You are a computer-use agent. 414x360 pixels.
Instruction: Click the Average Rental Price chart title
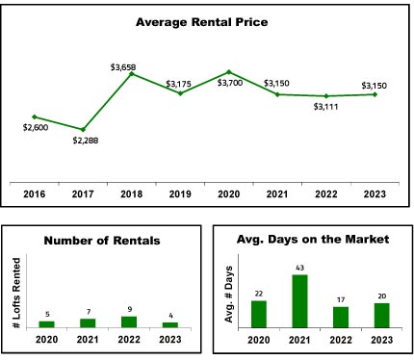coord(201,22)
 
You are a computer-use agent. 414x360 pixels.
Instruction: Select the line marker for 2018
coord(132,74)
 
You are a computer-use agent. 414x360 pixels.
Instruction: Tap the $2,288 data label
coord(86,141)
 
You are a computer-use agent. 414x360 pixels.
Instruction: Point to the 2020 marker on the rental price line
coord(229,72)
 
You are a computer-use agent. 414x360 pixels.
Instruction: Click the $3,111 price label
coord(325,107)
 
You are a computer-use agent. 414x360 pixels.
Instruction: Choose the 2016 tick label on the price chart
coord(35,194)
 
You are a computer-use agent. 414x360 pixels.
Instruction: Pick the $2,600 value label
coord(36,127)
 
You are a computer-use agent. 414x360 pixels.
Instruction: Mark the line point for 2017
coord(83,130)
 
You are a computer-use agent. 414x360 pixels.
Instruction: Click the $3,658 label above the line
coord(123,67)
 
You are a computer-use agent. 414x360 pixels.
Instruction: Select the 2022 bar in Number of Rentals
coord(129,322)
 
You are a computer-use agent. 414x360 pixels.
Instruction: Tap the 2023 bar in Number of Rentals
coord(170,325)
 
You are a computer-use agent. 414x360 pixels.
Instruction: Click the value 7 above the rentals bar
coord(89,312)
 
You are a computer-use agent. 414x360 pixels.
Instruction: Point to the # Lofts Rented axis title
coord(16,293)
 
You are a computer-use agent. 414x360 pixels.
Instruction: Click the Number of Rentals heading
coord(102,241)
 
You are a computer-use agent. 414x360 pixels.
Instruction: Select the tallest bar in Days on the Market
coord(299,301)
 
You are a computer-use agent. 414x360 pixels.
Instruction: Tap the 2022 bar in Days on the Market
coord(341,318)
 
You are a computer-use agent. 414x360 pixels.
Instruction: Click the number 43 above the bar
coord(299,268)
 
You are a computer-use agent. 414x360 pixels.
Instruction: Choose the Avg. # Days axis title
coord(229,295)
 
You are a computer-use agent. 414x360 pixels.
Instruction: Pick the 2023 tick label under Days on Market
coord(382,340)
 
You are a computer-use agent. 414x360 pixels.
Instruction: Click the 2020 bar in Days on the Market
coord(259,314)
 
